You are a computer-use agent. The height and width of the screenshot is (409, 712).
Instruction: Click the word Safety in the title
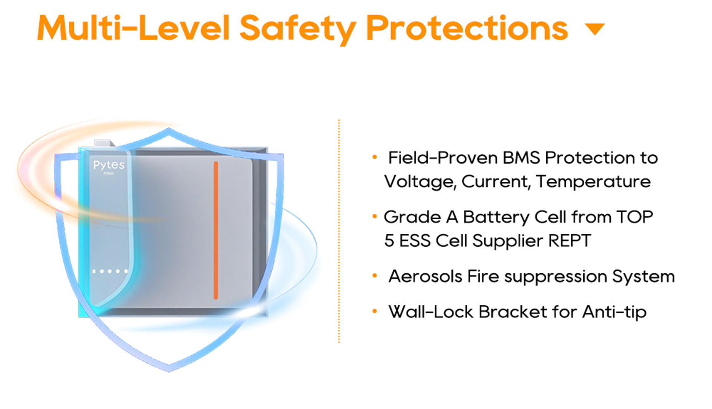(x=298, y=29)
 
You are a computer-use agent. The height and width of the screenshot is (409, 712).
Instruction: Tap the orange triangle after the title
(x=595, y=29)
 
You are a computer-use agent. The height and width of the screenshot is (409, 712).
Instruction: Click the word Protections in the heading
(x=467, y=28)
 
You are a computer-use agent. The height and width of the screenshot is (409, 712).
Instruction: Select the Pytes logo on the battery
(x=109, y=165)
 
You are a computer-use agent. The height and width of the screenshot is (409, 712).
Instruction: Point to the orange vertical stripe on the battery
(x=216, y=230)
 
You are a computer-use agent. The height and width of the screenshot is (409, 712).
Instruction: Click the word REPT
(x=570, y=241)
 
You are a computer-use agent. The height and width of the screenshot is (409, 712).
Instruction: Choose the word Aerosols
(x=425, y=276)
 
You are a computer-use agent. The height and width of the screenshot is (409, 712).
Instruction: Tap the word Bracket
(x=513, y=312)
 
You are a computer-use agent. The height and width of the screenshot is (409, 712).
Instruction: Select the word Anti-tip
(x=614, y=312)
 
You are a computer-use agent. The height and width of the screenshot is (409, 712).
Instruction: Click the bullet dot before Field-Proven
(x=375, y=157)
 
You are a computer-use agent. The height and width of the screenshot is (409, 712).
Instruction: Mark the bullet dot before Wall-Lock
(x=375, y=312)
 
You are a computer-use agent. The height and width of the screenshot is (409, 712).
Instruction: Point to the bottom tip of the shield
(x=169, y=371)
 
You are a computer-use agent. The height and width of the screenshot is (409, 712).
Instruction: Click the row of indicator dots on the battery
(x=110, y=272)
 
